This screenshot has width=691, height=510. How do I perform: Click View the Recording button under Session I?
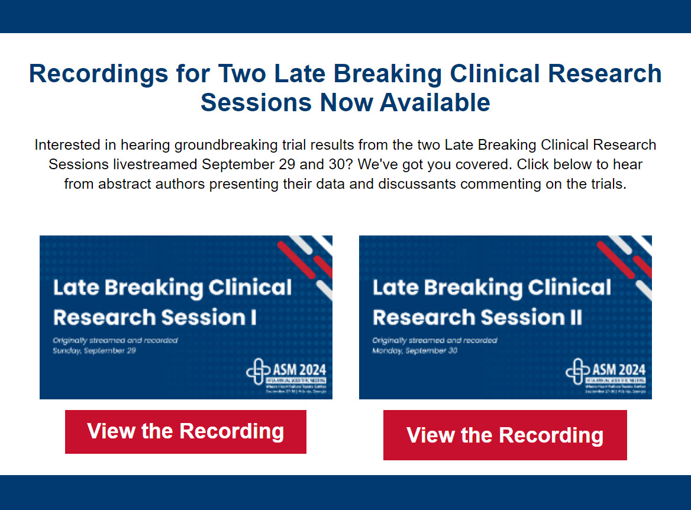pyautogui.click(x=185, y=431)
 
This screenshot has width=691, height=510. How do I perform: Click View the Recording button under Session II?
pyautogui.click(x=505, y=435)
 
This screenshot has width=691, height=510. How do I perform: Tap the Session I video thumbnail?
pyautogui.click(x=186, y=317)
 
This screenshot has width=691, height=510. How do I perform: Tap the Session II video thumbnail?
pyautogui.click(x=505, y=317)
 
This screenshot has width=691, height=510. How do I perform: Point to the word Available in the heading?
pyautogui.click(x=435, y=102)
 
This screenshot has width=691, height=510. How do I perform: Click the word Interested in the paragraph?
pyautogui.click(x=64, y=145)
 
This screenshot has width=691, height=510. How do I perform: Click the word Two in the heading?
pyautogui.click(x=241, y=74)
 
